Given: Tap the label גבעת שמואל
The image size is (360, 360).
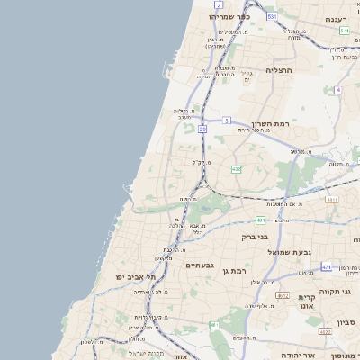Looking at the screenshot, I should (289, 252).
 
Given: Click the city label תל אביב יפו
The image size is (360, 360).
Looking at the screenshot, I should (136, 276).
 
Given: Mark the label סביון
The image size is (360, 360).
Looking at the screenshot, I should (346, 321).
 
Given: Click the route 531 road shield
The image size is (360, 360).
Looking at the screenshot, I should (272, 16).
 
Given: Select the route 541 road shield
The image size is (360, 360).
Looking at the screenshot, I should (344, 31).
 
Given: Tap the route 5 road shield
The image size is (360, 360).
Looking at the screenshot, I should (228, 120).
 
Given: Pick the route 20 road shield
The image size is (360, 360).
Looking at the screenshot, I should (202, 130).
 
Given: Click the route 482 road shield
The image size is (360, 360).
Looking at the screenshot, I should (236, 168).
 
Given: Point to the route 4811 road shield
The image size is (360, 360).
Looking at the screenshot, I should (332, 200).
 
